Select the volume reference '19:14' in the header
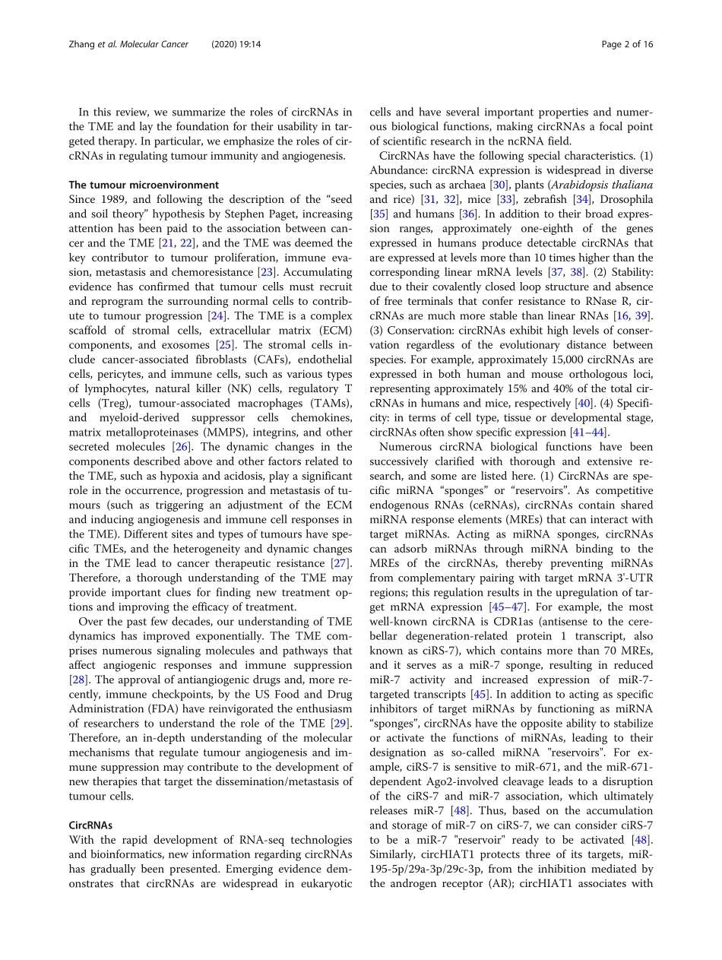pyautogui.click(x=244, y=44)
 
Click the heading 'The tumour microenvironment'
pyautogui.click(x=144, y=185)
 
